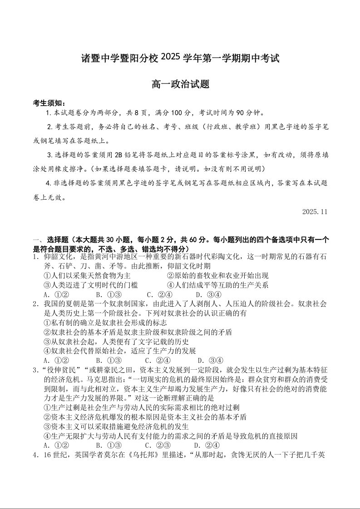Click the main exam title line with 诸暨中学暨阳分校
pos(180,58)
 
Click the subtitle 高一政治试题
pos(180,84)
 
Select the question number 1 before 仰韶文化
pos(35,256)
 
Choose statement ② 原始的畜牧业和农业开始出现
pos(217,275)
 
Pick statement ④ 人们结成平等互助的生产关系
pos(217,285)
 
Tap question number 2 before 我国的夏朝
pos(35,304)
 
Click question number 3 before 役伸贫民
pos(35,370)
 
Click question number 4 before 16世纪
pos(35,455)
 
